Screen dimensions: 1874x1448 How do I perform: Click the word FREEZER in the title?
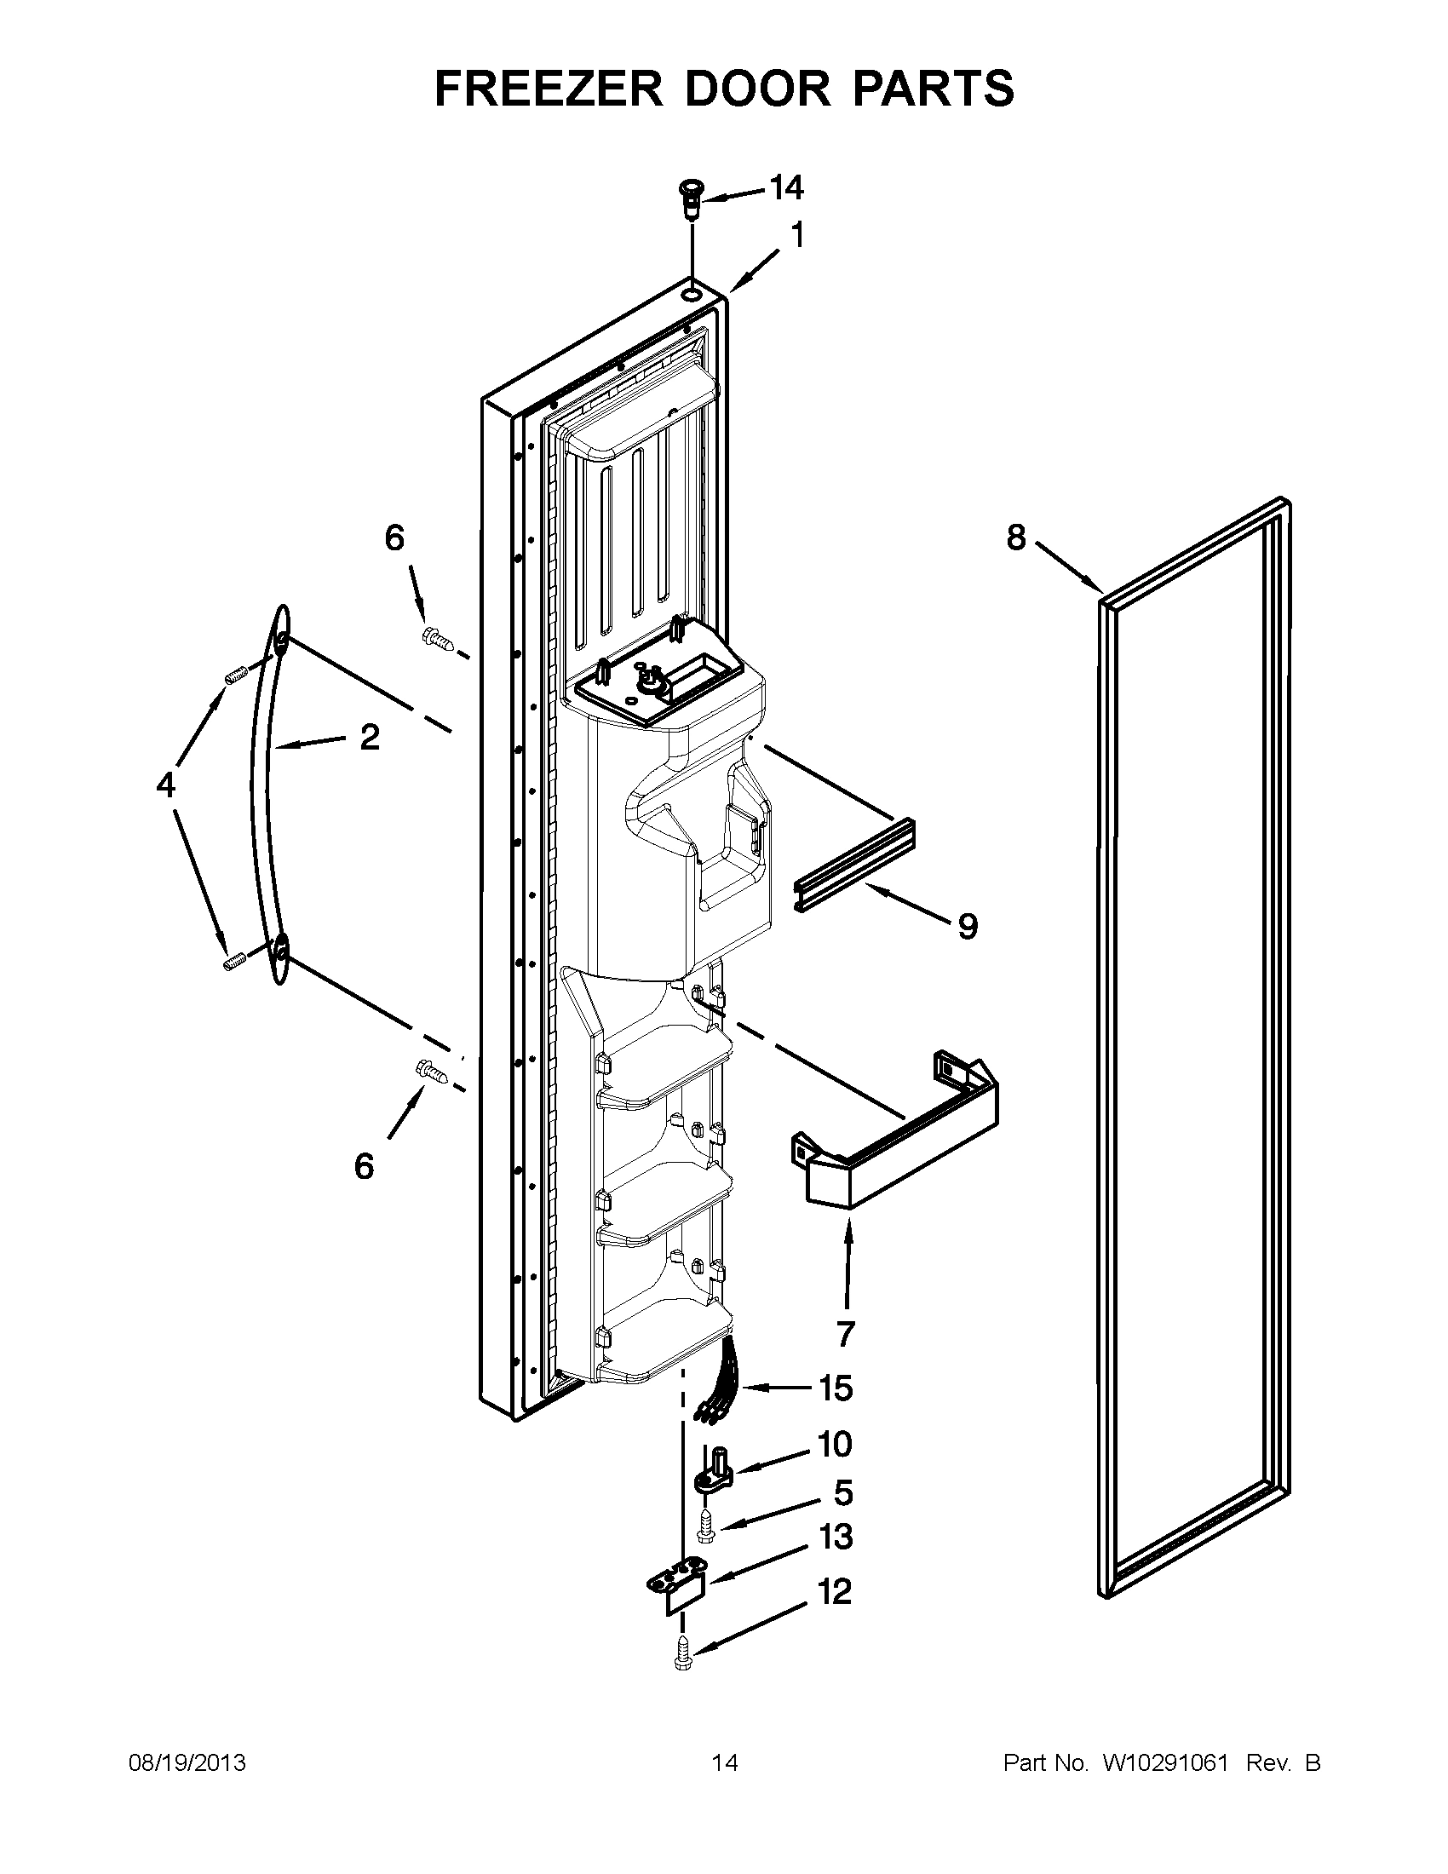click(x=549, y=89)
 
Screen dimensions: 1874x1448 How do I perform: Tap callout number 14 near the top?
click(x=785, y=188)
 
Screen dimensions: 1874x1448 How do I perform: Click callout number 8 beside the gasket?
click(x=1015, y=538)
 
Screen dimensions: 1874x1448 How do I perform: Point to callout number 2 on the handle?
click(x=369, y=737)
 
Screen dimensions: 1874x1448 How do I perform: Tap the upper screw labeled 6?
click(x=437, y=637)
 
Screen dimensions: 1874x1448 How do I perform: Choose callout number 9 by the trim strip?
click(x=968, y=926)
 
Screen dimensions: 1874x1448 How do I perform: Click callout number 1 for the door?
click(x=796, y=235)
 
